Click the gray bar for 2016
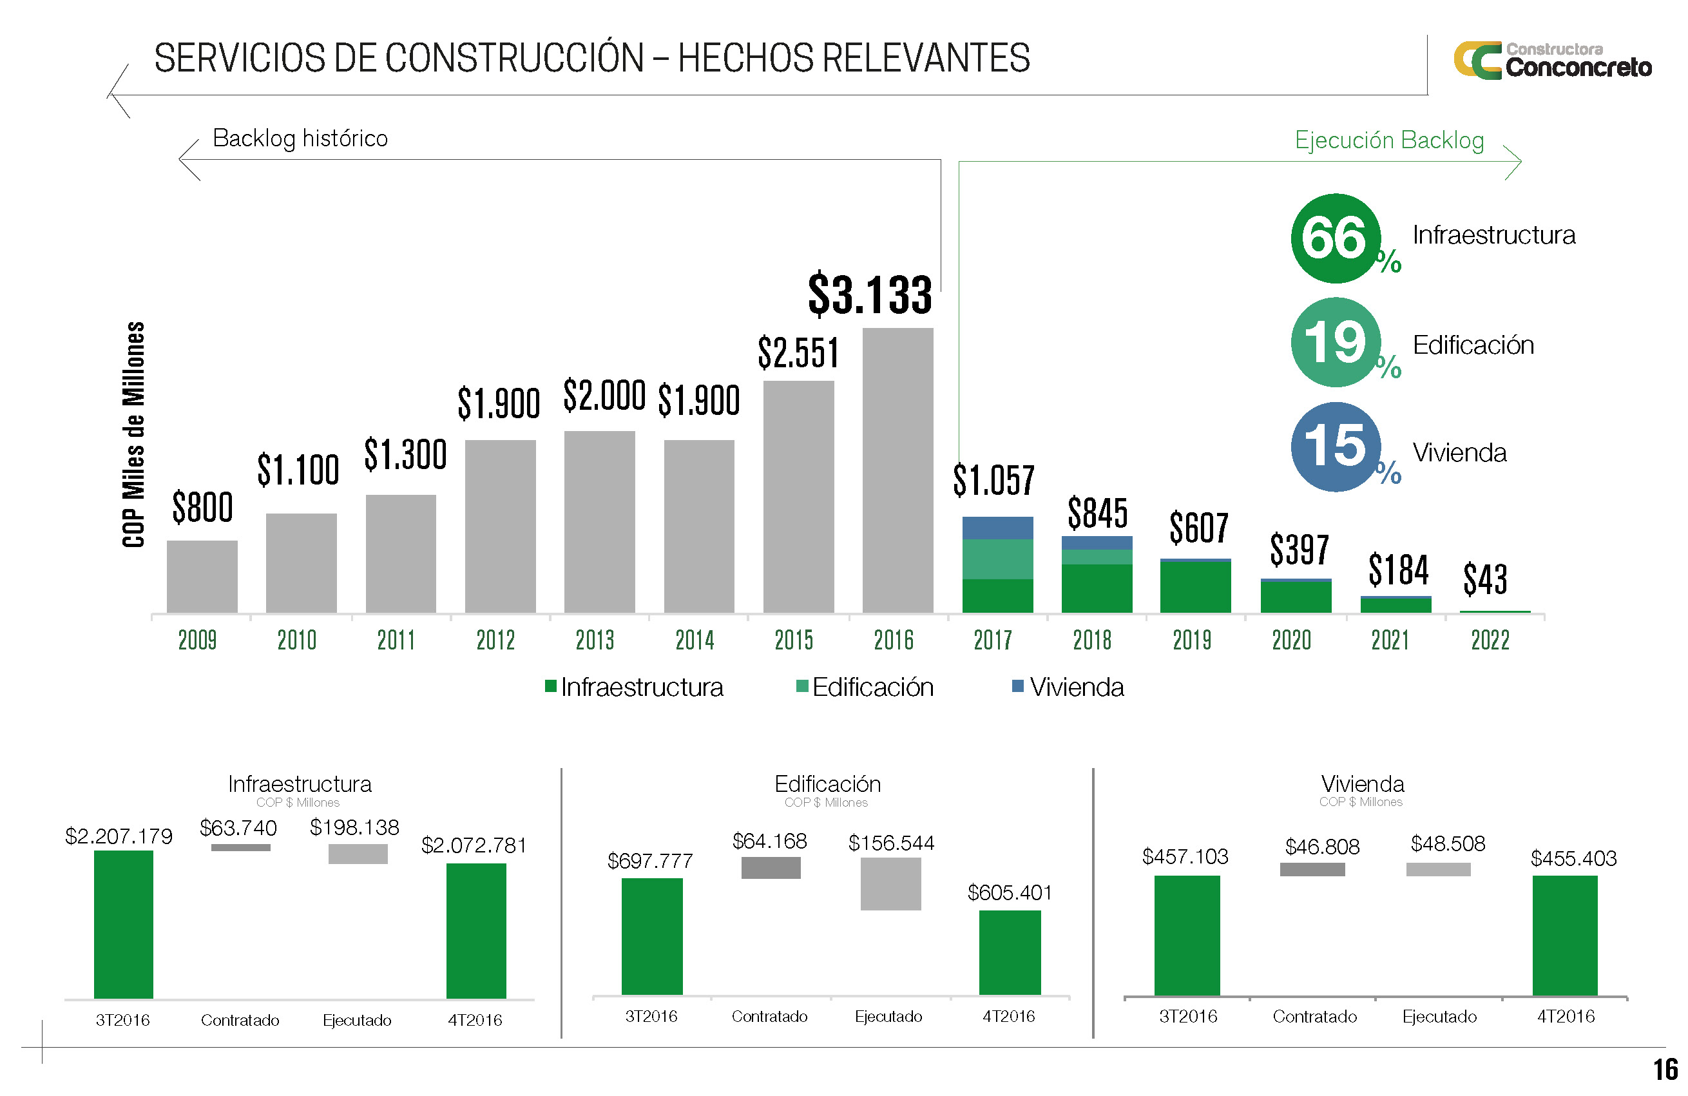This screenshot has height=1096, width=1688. click(897, 470)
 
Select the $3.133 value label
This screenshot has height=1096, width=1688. click(870, 294)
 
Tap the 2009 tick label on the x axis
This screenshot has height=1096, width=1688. click(197, 640)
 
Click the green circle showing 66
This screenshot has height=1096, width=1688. click(1335, 238)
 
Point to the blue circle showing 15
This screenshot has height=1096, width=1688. click(1335, 447)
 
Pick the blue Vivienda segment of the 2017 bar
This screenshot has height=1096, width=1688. click(997, 528)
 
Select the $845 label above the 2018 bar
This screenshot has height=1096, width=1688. click(1097, 513)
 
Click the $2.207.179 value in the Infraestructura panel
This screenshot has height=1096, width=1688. click(119, 836)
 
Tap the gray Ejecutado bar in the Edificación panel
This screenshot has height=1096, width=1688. click(890, 883)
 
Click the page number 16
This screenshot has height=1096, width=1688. click(1665, 1069)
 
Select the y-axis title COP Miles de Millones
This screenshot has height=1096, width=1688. click(133, 434)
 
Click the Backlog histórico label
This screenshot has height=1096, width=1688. click(300, 139)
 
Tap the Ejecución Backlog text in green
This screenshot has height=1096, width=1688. click(1388, 140)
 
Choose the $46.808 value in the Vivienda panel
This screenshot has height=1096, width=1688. click(1322, 846)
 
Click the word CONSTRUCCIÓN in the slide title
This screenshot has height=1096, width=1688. click(514, 58)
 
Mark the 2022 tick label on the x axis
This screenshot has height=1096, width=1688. click(1490, 640)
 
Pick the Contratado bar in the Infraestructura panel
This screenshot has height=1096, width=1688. click(240, 847)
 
